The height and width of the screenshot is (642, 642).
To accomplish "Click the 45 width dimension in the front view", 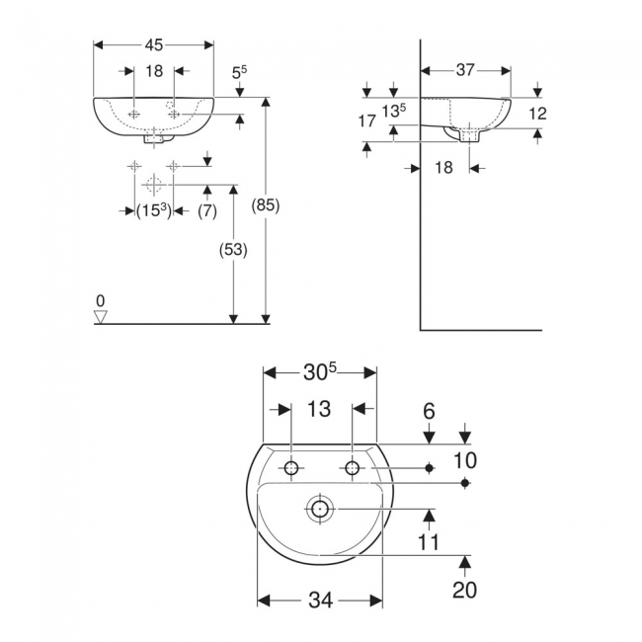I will [153, 44].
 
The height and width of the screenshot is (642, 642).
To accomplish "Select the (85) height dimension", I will [267, 206].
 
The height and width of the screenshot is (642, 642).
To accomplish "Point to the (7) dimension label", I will [206, 210].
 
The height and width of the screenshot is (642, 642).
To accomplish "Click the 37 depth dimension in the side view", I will [465, 70].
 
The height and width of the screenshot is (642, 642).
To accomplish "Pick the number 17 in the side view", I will [366, 121].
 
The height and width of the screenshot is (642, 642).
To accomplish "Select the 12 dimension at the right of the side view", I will [537, 114].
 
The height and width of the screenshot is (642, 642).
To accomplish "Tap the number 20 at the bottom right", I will [465, 590].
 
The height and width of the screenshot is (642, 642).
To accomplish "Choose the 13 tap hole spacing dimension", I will [319, 408].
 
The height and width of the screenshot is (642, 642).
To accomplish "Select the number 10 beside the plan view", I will [465, 459].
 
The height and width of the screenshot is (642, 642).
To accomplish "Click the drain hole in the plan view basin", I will [319, 510].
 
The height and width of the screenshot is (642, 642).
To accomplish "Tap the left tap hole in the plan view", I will [292, 468].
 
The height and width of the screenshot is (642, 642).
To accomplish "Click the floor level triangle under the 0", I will [100, 316].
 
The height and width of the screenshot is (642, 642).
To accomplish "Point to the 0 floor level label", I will [100, 299].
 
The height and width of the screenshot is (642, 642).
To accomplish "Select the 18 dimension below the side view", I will [443, 168].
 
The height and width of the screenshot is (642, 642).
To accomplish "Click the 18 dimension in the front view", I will [153, 71].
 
